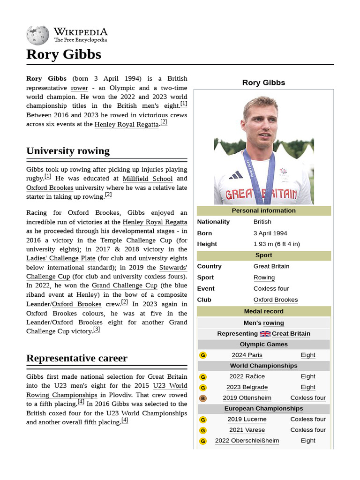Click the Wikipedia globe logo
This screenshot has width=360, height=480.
[37, 36]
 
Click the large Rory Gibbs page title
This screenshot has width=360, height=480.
[64, 54]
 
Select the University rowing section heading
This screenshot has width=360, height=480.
[68, 151]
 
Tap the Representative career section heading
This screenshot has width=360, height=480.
[77, 358]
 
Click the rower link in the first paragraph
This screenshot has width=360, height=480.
[79, 88]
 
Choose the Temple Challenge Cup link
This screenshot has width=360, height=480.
[136, 240]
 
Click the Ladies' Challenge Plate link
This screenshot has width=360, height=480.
[61, 258]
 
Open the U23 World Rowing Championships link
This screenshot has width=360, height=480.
[107, 390]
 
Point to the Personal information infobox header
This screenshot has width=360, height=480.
[263, 210]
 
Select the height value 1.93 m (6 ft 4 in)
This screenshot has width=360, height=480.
[277, 244]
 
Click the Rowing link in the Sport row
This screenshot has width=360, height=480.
[264, 277]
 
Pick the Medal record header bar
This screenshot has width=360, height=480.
[263, 311]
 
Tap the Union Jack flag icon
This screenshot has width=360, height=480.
[265, 334]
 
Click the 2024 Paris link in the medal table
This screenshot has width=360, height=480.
[247, 355]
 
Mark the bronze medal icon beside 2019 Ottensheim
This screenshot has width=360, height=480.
[203, 398]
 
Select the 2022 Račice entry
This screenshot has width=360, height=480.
[247, 376]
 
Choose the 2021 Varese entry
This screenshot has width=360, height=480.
[247, 430]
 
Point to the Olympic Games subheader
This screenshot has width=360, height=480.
[263, 344]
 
